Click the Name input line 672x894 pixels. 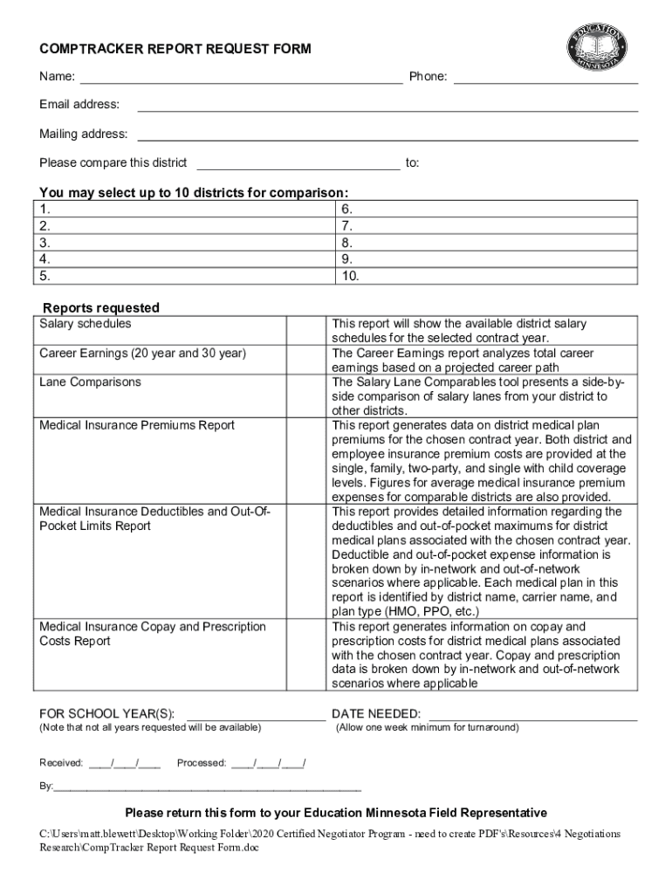[x=241, y=79]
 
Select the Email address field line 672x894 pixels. [x=387, y=107]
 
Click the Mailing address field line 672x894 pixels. [x=387, y=136]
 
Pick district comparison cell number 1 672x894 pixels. [x=185, y=209]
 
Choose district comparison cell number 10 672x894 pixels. [x=485, y=277]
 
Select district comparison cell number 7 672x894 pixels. [x=485, y=226]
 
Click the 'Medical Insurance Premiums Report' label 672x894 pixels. [x=137, y=425]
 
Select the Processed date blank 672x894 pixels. [x=268, y=763]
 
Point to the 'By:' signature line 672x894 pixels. [x=207, y=787]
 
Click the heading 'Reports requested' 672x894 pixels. [x=101, y=307]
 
